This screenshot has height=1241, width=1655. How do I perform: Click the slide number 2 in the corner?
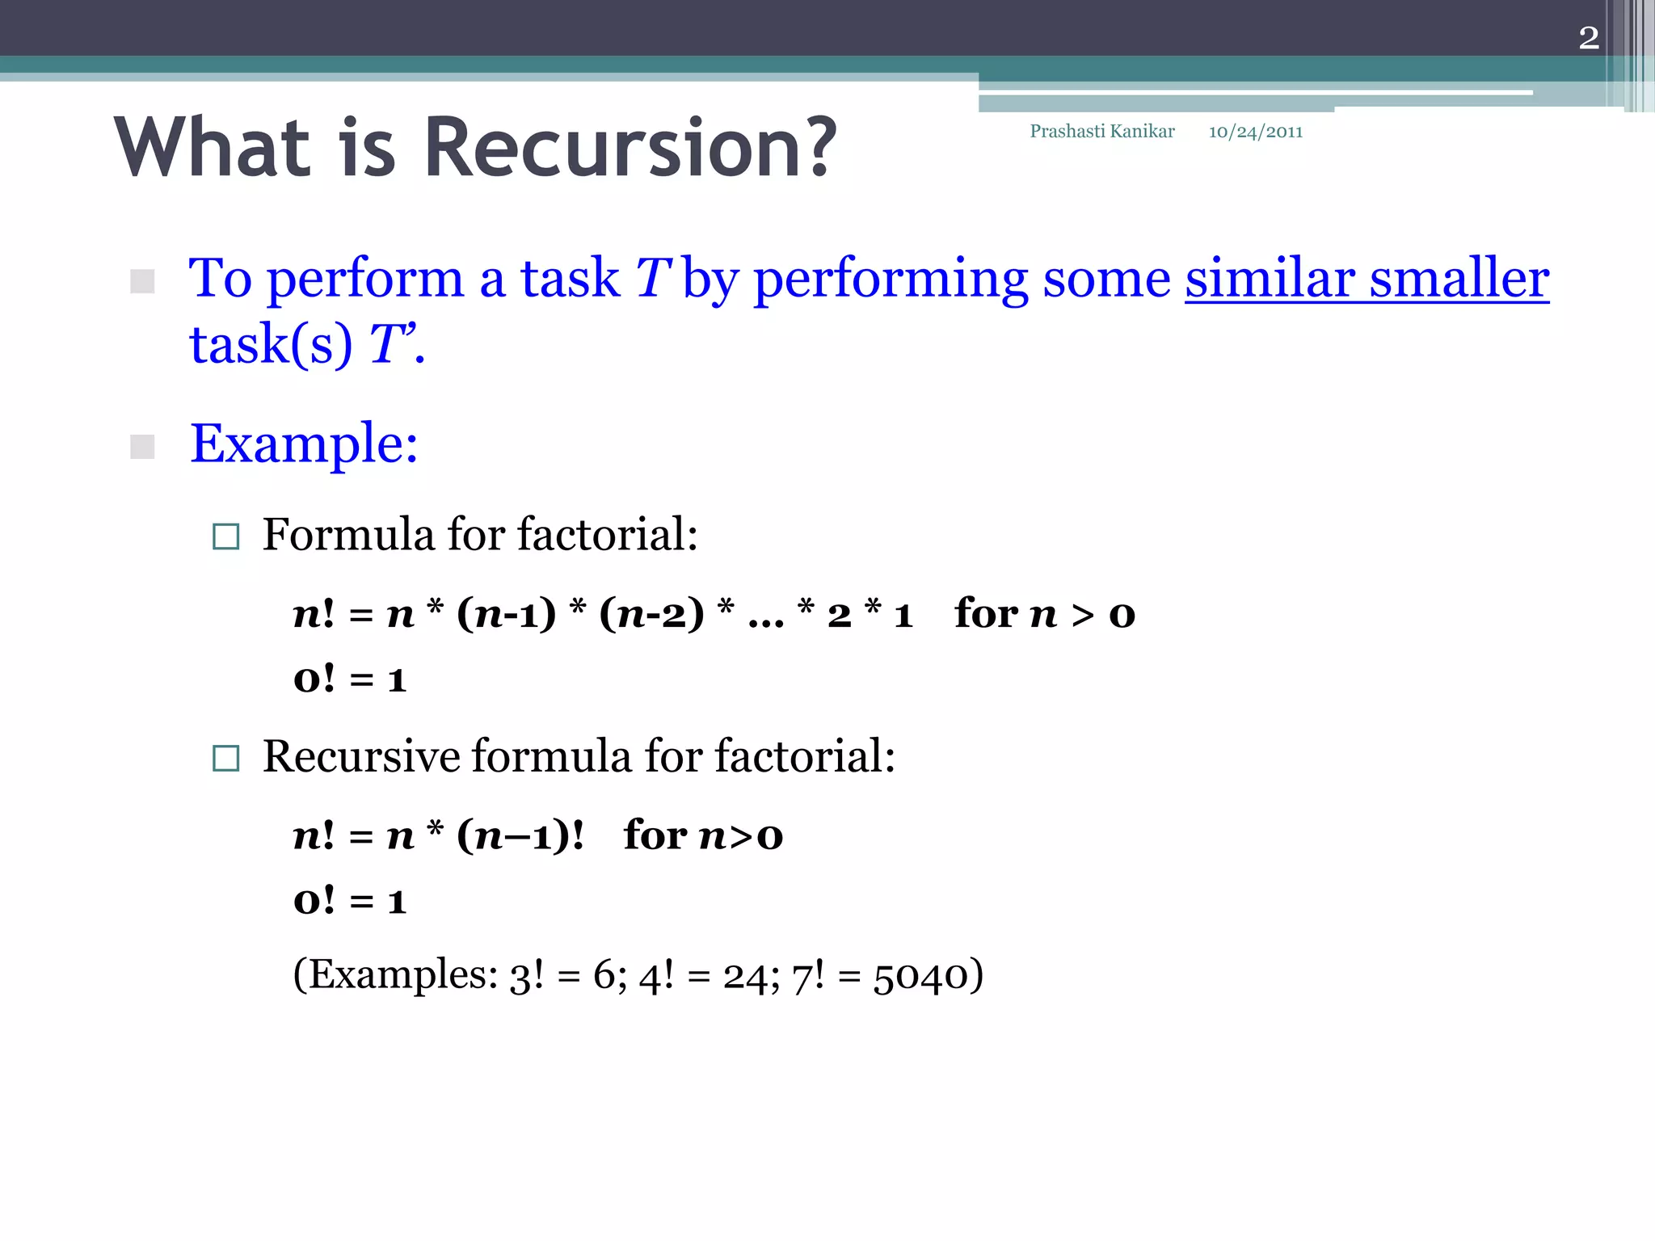[x=1588, y=38]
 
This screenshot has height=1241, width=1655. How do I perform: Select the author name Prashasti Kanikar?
[x=1101, y=132]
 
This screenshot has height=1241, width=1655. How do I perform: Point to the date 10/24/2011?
[x=1255, y=132]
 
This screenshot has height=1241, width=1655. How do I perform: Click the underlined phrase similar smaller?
[x=1367, y=280]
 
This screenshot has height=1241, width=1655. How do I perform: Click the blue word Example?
[x=304, y=444]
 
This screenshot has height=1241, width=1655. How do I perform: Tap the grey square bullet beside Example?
[x=142, y=446]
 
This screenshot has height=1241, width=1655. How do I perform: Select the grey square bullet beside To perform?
[x=142, y=281]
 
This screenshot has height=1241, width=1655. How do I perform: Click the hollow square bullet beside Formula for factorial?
[x=225, y=536]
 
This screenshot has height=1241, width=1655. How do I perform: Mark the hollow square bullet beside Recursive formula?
[x=225, y=758]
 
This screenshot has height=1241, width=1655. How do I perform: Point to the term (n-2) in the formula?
[x=651, y=614]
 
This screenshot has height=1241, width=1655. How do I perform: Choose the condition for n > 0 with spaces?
[x=1044, y=614]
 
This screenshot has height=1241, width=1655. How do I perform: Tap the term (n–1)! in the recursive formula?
[x=520, y=835]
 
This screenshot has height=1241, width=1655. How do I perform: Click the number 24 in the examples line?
[x=745, y=976]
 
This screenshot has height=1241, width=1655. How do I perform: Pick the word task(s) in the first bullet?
[x=271, y=345]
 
